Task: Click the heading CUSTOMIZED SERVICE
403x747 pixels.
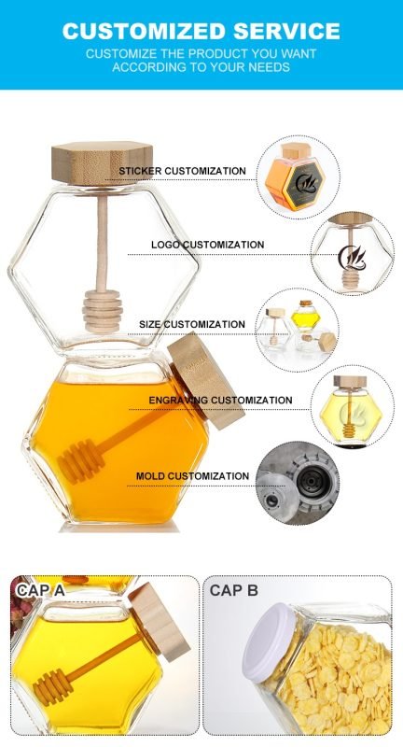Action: (201, 31)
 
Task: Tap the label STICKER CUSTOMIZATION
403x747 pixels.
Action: (182, 171)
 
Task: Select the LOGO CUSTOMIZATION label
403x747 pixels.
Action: (208, 245)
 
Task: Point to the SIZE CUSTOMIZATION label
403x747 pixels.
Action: (192, 325)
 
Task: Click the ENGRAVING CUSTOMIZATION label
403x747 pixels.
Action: (220, 400)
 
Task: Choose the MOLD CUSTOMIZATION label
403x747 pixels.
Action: (192, 476)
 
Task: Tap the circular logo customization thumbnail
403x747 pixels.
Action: (358, 250)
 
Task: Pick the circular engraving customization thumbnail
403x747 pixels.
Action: (358, 402)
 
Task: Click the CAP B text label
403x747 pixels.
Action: (234, 590)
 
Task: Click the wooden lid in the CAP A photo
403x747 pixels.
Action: (158, 626)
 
